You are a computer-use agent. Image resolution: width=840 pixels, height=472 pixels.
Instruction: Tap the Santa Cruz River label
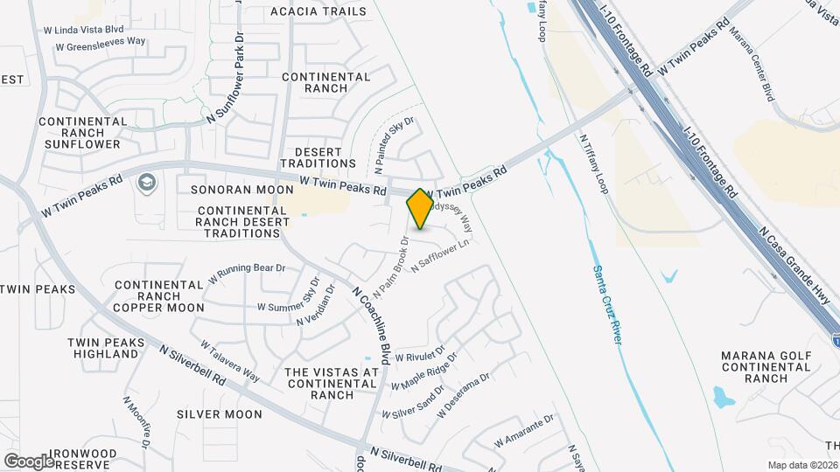[x=606, y=305]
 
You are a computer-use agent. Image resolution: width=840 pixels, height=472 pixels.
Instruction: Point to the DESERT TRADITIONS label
[x=318, y=158]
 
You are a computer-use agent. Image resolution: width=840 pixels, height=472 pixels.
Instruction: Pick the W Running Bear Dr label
[x=247, y=274]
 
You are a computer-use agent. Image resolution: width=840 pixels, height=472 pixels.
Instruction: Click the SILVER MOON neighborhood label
[x=219, y=414]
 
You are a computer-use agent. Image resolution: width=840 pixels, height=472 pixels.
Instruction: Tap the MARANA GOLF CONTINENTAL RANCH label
[x=755, y=367]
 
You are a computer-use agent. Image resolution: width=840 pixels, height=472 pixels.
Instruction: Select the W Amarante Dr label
[x=524, y=431]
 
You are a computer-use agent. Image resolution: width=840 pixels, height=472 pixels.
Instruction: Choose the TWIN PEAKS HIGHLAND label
[x=105, y=348]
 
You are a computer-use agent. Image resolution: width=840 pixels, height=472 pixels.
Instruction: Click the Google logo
[x=29, y=461]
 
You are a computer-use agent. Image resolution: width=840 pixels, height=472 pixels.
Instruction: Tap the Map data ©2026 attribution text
[x=802, y=465]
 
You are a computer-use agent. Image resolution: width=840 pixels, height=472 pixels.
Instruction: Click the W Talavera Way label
[x=230, y=362]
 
